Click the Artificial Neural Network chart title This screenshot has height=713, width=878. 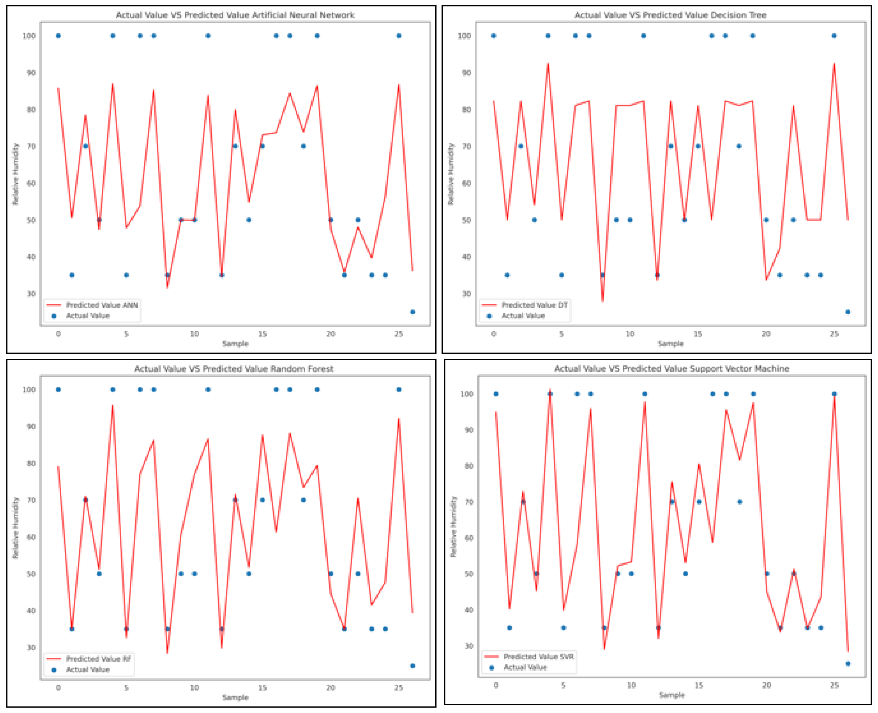pyautogui.click(x=235, y=15)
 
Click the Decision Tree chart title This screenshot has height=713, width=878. pyautogui.click(x=670, y=15)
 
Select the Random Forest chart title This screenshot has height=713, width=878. pyautogui.click(x=234, y=369)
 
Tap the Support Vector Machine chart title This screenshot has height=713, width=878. pyautogui.click(x=671, y=369)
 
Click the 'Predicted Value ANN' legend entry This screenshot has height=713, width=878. pyautogui.click(x=102, y=305)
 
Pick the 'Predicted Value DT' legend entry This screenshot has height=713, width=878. pyautogui.click(x=534, y=305)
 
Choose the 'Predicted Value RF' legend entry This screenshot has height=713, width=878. pyautogui.click(x=98, y=659)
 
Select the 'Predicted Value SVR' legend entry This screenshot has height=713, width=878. pyautogui.click(x=539, y=657)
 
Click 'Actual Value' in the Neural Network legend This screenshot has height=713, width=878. pyautogui.click(x=88, y=316)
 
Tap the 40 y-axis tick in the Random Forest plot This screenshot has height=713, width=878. pyautogui.click(x=31, y=611)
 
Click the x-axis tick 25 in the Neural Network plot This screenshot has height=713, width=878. pyautogui.click(x=398, y=334)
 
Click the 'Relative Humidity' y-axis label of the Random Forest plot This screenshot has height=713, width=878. pyautogui.click(x=16, y=528)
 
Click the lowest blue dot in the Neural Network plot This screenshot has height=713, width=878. pyautogui.click(x=412, y=312)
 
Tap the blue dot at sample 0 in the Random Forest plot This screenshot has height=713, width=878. pyautogui.click(x=58, y=389)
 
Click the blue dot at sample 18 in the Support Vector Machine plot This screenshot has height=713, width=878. pyautogui.click(x=740, y=502)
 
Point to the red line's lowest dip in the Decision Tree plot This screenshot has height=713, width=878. pyautogui.click(x=603, y=301)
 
